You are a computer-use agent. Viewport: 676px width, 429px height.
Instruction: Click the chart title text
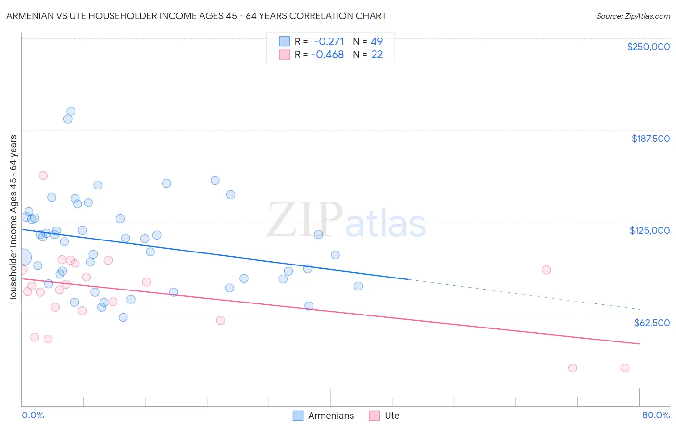coord(196,16)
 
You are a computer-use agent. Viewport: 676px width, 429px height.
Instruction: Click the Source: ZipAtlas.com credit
coord(633,16)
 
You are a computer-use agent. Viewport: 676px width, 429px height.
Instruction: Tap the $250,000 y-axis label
coord(648,47)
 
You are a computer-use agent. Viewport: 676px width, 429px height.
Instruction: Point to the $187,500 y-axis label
coord(650,139)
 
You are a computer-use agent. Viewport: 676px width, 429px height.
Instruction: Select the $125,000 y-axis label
coord(650,230)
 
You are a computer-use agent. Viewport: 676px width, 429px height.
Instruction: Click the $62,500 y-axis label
coord(651,323)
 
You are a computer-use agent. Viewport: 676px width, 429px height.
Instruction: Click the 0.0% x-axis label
coord(33,415)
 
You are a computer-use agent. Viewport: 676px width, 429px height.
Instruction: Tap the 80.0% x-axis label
coord(656,415)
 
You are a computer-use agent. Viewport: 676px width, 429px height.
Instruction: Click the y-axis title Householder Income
coord(13,219)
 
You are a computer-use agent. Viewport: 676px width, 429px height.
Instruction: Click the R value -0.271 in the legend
coord(329,41)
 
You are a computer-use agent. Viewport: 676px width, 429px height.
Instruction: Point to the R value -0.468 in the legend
coord(327,55)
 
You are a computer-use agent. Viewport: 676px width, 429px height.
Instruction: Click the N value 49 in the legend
coord(376,41)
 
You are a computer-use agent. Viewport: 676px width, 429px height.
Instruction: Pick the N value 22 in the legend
coord(377,55)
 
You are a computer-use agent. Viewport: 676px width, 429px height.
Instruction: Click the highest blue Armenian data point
coord(71,112)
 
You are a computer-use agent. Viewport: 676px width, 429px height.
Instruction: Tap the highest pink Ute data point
coord(43,176)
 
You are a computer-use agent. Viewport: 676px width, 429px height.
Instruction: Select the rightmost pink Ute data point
coord(625,368)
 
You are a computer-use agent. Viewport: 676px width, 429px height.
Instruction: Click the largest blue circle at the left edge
coord(22,257)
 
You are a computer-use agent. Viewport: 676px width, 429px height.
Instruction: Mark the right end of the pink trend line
coord(640,344)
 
